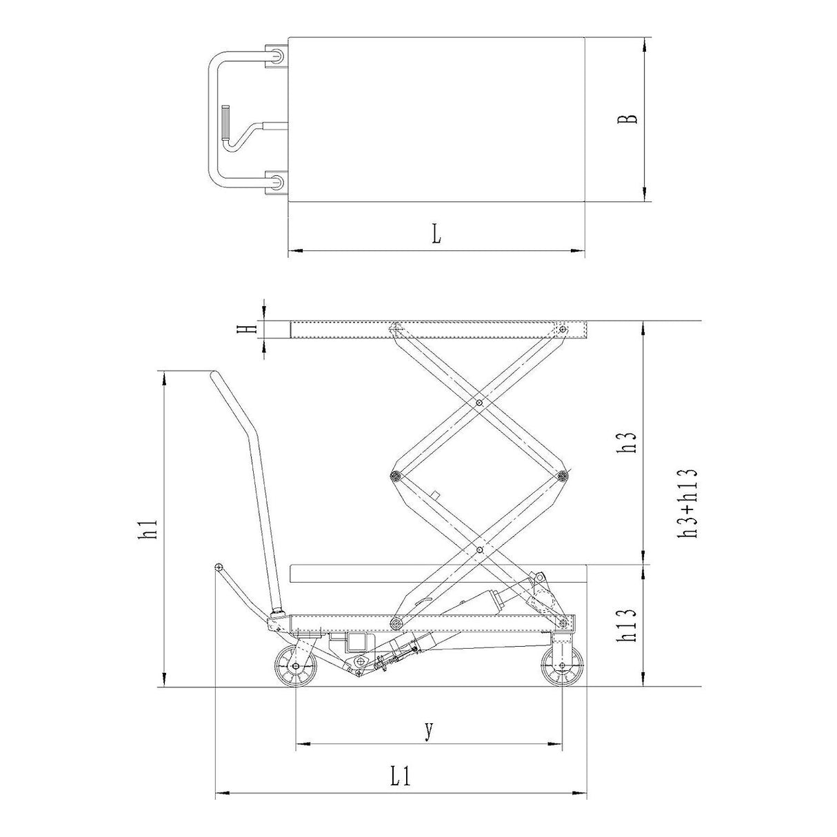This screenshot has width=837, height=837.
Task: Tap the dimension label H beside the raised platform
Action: pyautogui.click(x=243, y=329)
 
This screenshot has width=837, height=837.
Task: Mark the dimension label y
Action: pyautogui.click(x=429, y=729)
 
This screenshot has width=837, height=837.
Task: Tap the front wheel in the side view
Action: pyautogui.click(x=563, y=666)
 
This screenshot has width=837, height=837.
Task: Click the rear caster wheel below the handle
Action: pyautogui.click(x=296, y=667)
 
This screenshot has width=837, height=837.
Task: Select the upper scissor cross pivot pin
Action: pyautogui.click(x=478, y=402)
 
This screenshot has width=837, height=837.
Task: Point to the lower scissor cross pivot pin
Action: pyautogui.click(x=478, y=549)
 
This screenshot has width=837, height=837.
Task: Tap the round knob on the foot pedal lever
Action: pyautogui.click(x=219, y=567)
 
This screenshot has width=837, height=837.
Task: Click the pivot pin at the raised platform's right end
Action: pyautogui.click(x=563, y=329)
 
